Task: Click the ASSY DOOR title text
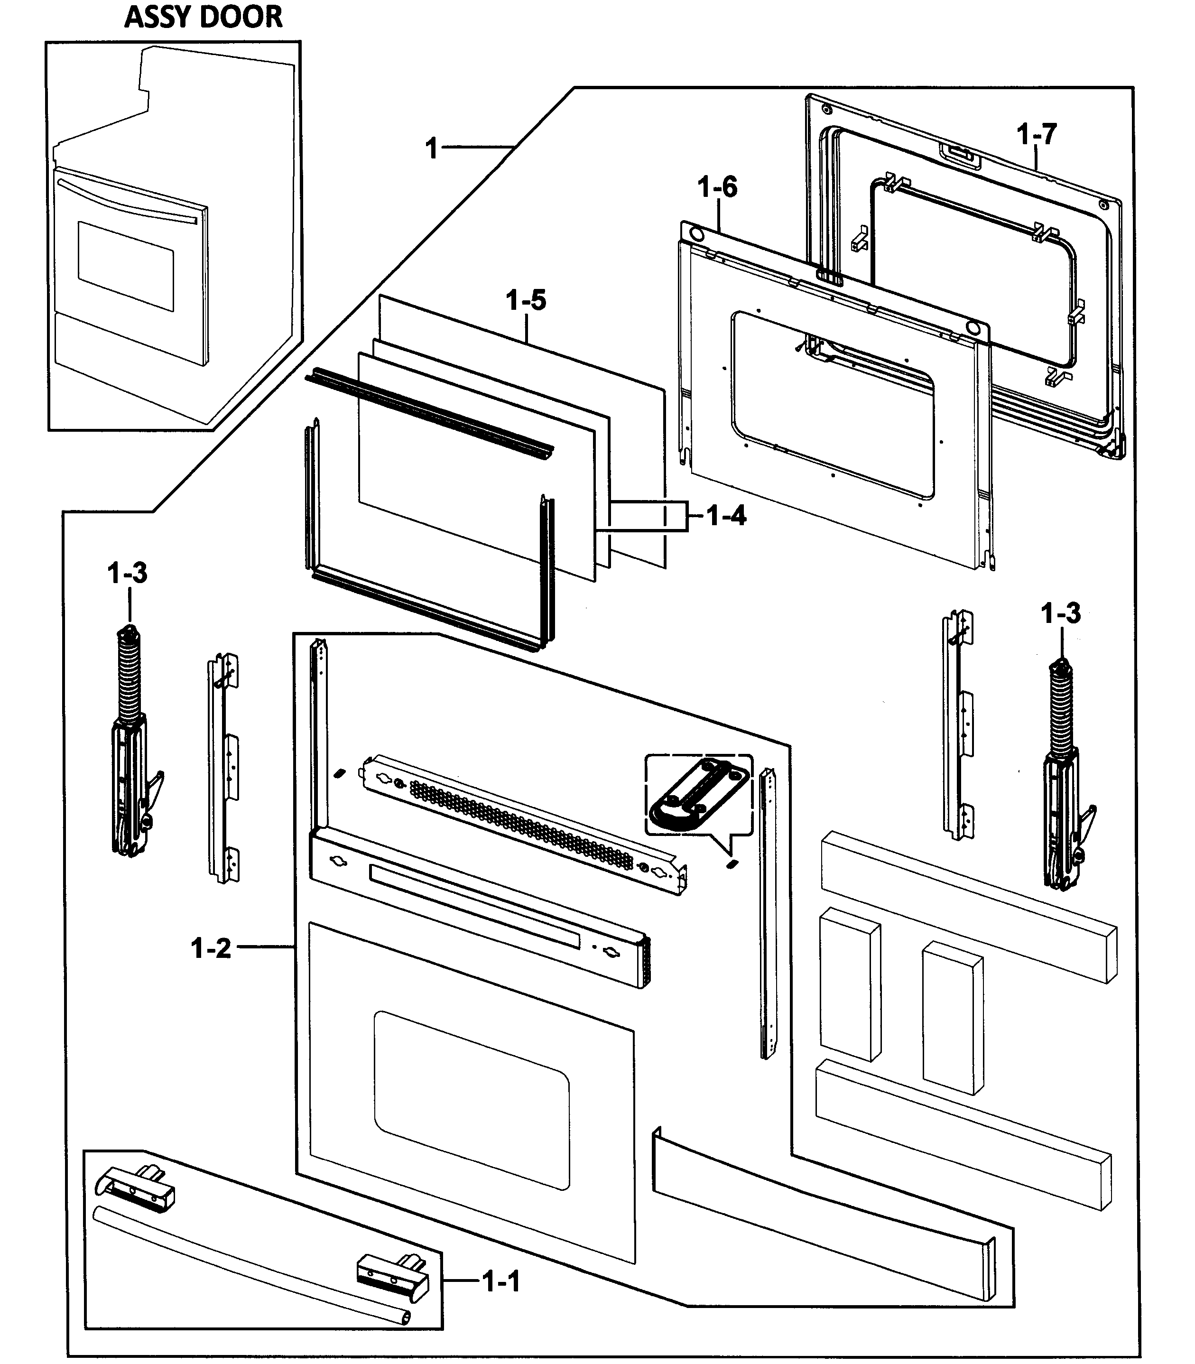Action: pyautogui.click(x=204, y=17)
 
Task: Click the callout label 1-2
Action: pyautogui.click(x=211, y=948)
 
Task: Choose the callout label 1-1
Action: pyautogui.click(x=501, y=1281)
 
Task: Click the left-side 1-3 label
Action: pyautogui.click(x=127, y=573)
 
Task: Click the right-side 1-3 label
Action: pyautogui.click(x=1060, y=612)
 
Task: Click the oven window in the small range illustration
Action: pyautogui.click(x=125, y=266)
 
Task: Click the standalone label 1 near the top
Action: pyautogui.click(x=432, y=148)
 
